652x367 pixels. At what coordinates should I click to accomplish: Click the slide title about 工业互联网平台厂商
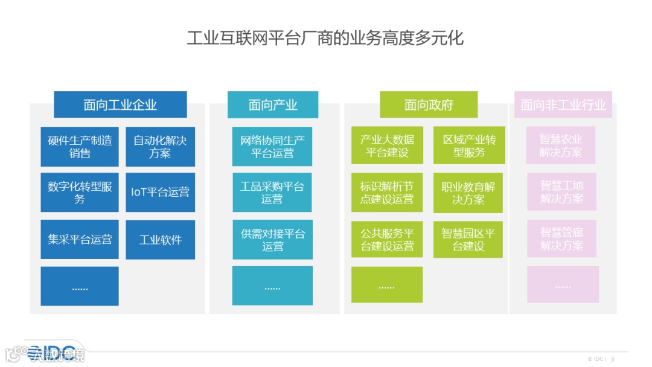[x=325, y=39]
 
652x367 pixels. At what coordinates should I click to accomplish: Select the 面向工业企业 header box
[x=120, y=104]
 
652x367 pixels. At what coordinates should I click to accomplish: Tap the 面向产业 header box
[x=272, y=104]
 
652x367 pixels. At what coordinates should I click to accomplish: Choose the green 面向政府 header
[x=428, y=104]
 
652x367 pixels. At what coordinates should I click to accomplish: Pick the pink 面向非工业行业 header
[x=563, y=104]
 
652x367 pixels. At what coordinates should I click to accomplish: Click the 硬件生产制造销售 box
[x=80, y=147]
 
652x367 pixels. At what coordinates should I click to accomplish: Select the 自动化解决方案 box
[x=160, y=147]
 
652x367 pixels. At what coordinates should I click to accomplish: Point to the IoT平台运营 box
[x=160, y=193]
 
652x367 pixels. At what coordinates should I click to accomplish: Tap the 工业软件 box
[x=160, y=240]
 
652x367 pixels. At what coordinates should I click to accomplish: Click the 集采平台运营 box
[x=80, y=240]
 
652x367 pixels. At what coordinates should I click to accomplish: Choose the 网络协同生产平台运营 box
[x=272, y=147]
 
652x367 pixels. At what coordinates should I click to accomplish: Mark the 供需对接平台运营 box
[x=272, y=240]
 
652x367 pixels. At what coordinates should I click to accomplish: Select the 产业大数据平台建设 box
[x=387, y=145]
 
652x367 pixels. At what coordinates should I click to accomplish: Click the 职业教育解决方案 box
[x=468, y=193]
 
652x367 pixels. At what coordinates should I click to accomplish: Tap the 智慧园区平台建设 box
[x=468, y=240]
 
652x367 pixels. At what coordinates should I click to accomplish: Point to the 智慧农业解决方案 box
[x=561, y=145]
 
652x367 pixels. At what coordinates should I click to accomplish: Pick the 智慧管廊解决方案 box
[x=561, y=238]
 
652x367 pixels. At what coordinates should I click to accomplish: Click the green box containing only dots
[x=387, y=285]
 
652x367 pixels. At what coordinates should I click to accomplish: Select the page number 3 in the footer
[x=612, y=359]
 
